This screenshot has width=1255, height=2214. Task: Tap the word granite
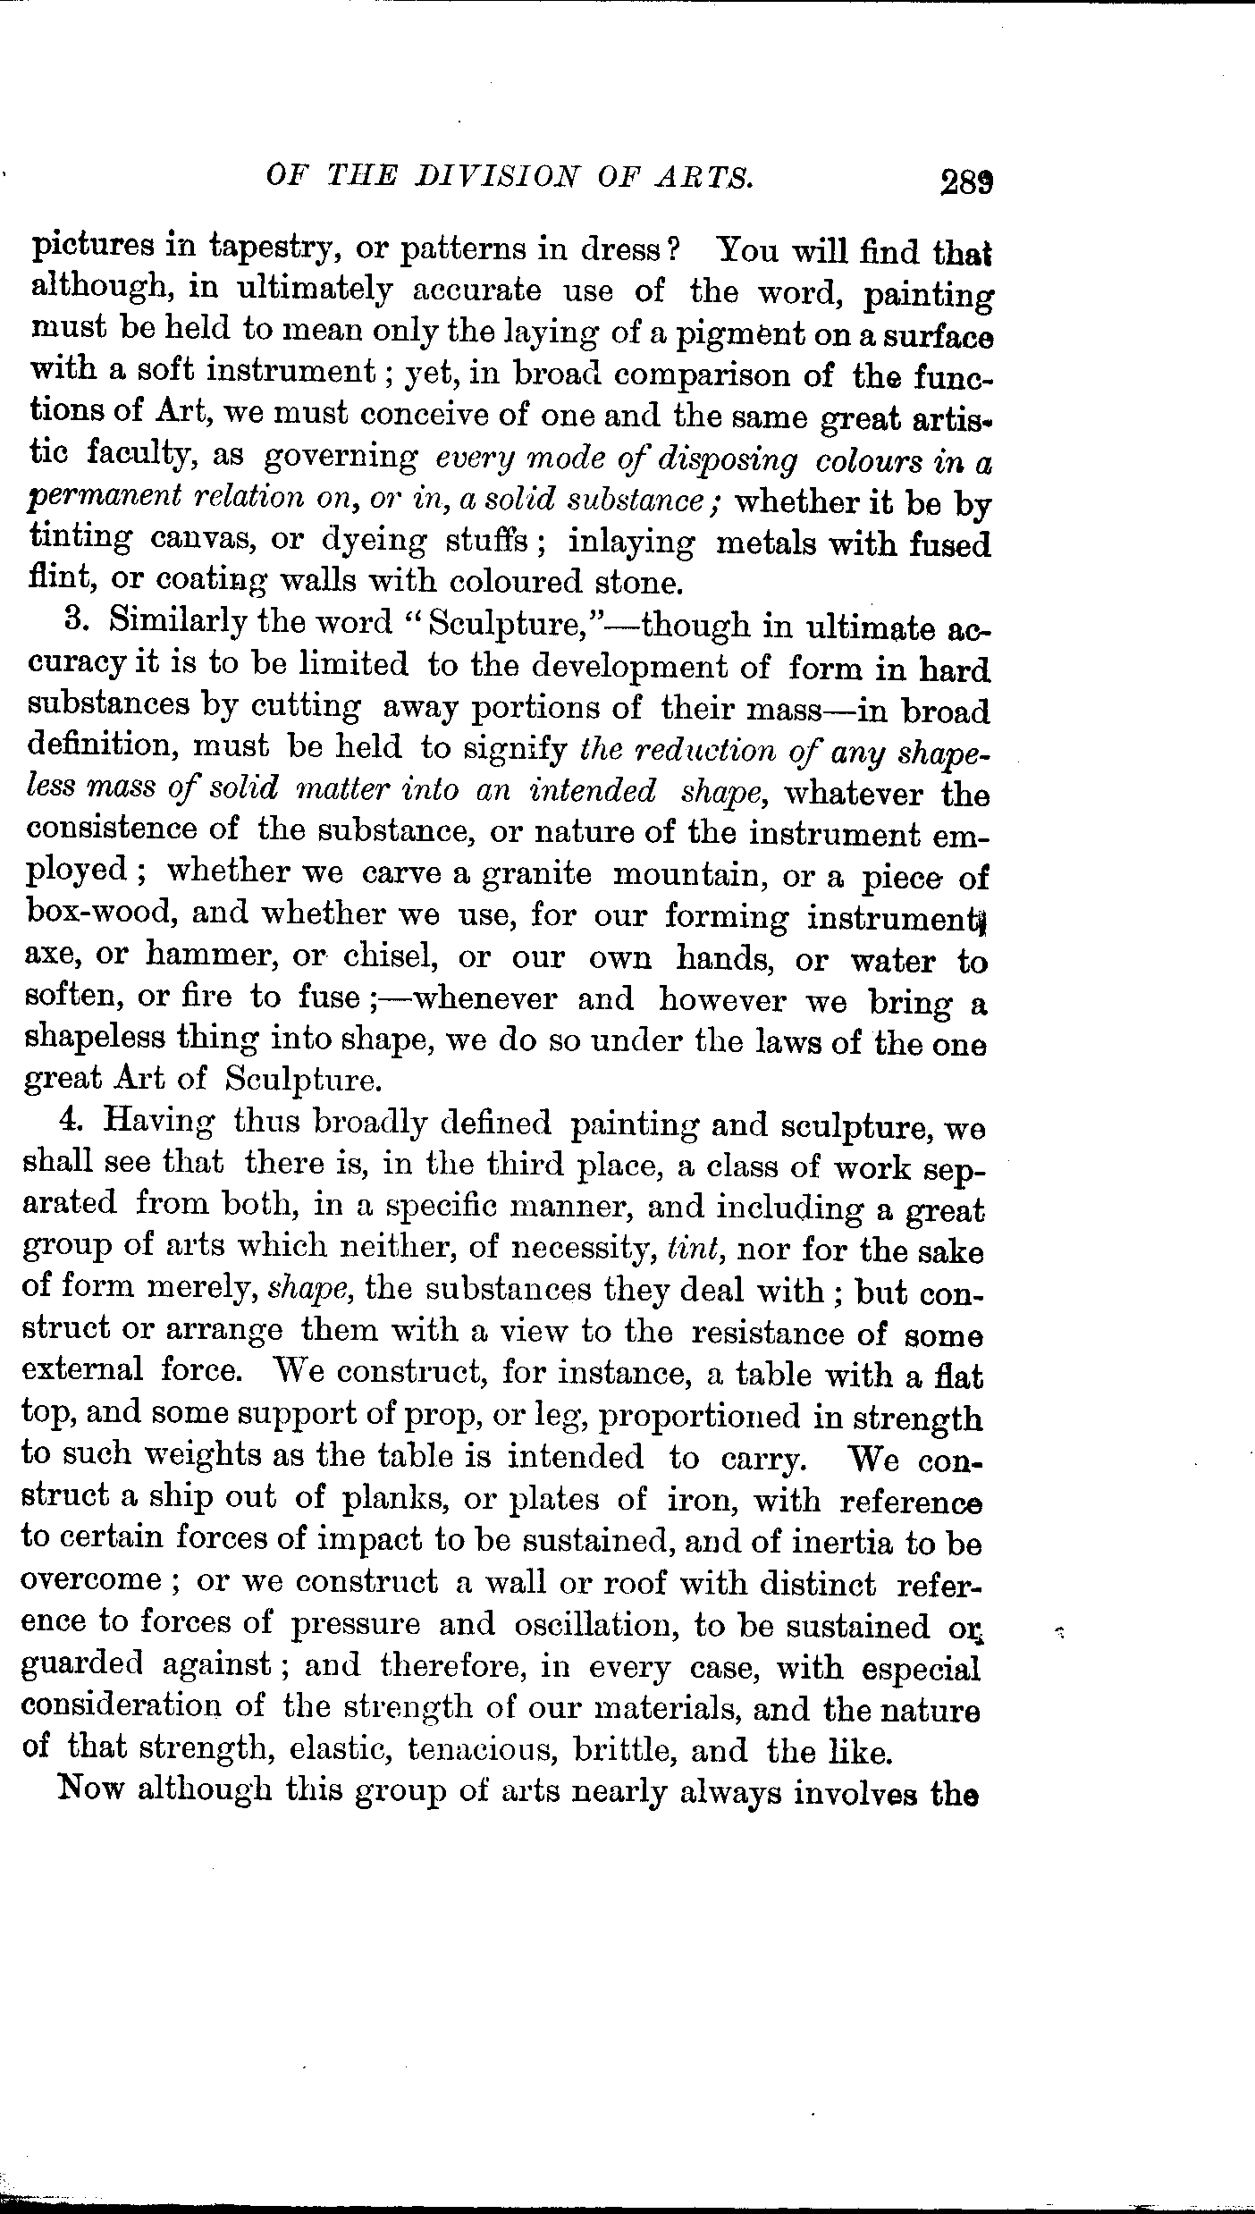(535, 873)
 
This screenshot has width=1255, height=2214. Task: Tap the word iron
(702, 1498)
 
